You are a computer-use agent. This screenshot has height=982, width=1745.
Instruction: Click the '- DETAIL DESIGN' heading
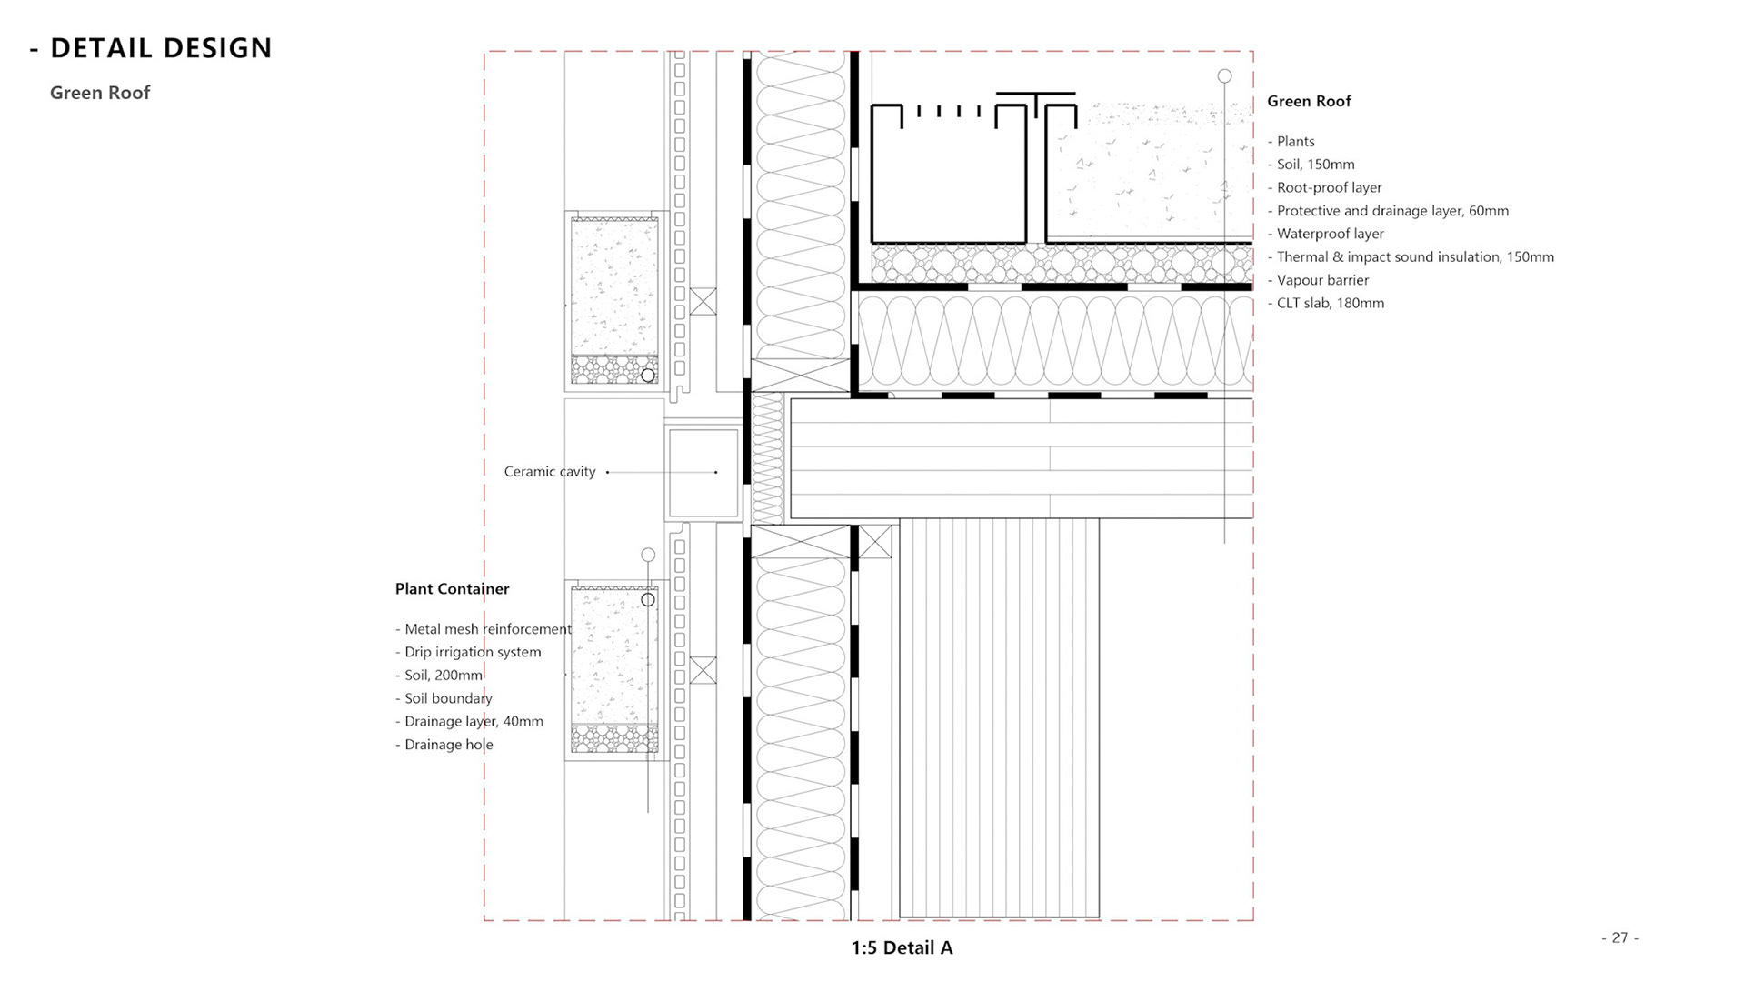pyautogui.click(x=151, y=48)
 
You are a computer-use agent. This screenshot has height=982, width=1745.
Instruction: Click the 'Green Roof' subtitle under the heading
pyautogui.click(x=100, y=93)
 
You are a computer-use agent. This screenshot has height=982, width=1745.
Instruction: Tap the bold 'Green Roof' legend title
pyautogui.click(x=1309, y=101)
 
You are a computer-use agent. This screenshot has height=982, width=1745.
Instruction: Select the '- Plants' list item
pyautogui.click(x=1291, y=142)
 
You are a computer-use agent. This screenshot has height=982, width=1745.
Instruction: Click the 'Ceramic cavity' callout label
pyautogui.click(x=550, y=472)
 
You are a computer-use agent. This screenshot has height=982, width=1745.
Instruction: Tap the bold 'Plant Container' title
pyautogui.click(x=452, y=589)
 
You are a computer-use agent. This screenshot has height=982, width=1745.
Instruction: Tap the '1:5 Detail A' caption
pyautogui.click(x=902, y=947)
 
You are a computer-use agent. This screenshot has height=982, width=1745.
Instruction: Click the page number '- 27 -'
pyautogui.click(x=1620, y=937)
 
